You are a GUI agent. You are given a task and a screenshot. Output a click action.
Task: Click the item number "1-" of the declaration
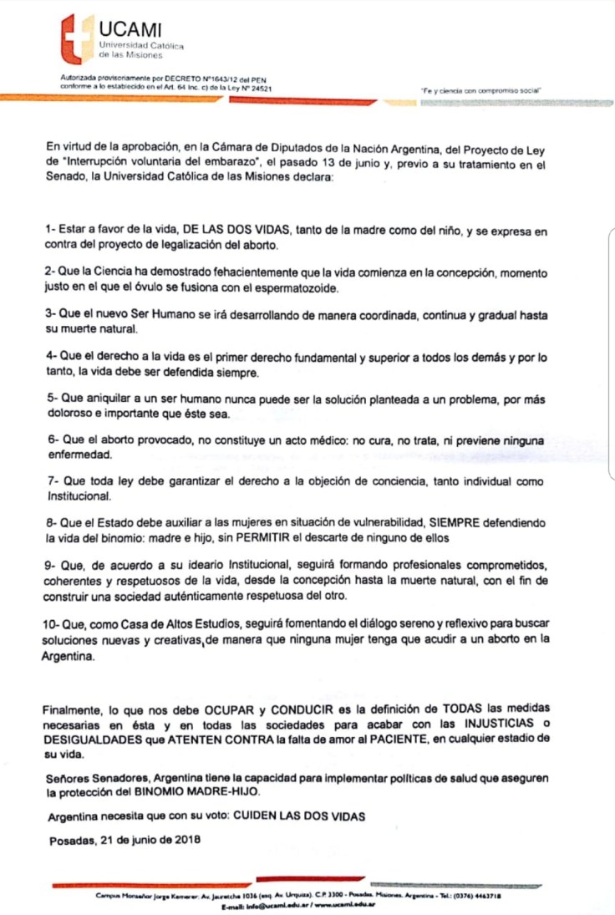click(x=49, y=229)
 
